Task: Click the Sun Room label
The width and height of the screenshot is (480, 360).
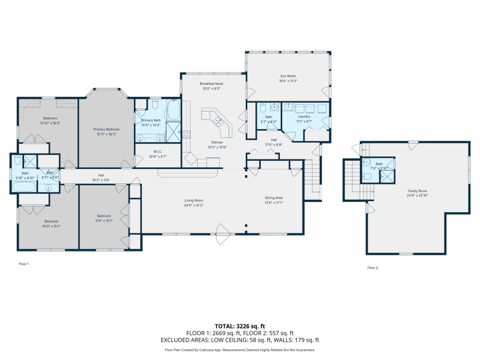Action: (x=288, y=76)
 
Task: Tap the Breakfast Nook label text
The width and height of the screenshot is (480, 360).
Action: (x=211, y=84)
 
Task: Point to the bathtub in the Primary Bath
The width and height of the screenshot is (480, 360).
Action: (x=173, y=110)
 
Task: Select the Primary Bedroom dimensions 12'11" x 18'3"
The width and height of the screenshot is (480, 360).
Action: (x=106, y=134)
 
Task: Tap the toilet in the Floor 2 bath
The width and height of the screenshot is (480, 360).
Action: (x=367, y=176)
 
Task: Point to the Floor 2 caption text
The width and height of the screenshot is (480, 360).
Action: (x=372, y=267)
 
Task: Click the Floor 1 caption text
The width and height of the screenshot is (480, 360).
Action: (x=24, y=264)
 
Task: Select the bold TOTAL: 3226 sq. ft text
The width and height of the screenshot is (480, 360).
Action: (x=240, y=325)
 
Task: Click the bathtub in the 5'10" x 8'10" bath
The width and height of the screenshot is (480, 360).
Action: (x=24, y=186)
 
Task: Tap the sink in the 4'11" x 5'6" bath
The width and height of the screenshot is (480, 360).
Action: (x=48, y=187)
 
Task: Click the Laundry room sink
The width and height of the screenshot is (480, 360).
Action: (x=289, y=107)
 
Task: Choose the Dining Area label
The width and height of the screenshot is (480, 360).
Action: (x=274, y=198)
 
